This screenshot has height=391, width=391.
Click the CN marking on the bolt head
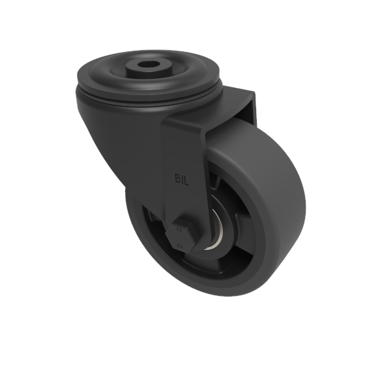[x=181, y=244]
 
